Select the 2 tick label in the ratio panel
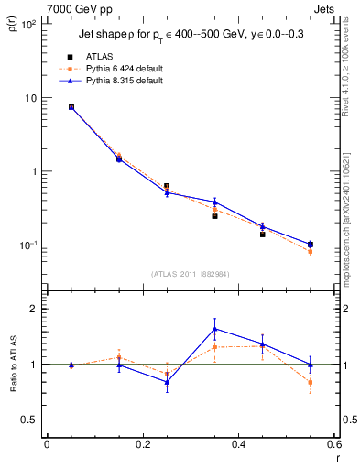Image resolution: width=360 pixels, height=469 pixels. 34,309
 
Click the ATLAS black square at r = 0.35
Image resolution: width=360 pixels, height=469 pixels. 214,216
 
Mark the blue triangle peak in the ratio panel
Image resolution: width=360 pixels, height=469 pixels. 214,329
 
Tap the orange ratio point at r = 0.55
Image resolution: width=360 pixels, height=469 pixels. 311,382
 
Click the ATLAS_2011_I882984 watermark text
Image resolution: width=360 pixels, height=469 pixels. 189,274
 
